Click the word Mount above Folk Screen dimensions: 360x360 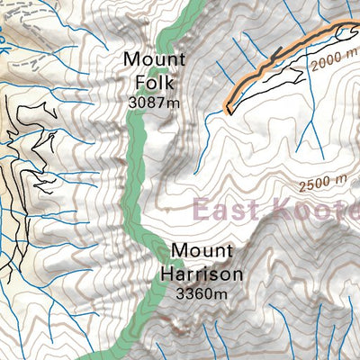155,60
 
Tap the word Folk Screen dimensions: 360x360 153,82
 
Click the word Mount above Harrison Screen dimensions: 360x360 202,249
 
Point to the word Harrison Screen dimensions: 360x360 202,273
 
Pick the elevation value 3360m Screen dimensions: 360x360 202,293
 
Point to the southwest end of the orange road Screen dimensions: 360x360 228,112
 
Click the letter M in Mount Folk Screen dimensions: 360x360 132,60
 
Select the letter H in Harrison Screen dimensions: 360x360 168,273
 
